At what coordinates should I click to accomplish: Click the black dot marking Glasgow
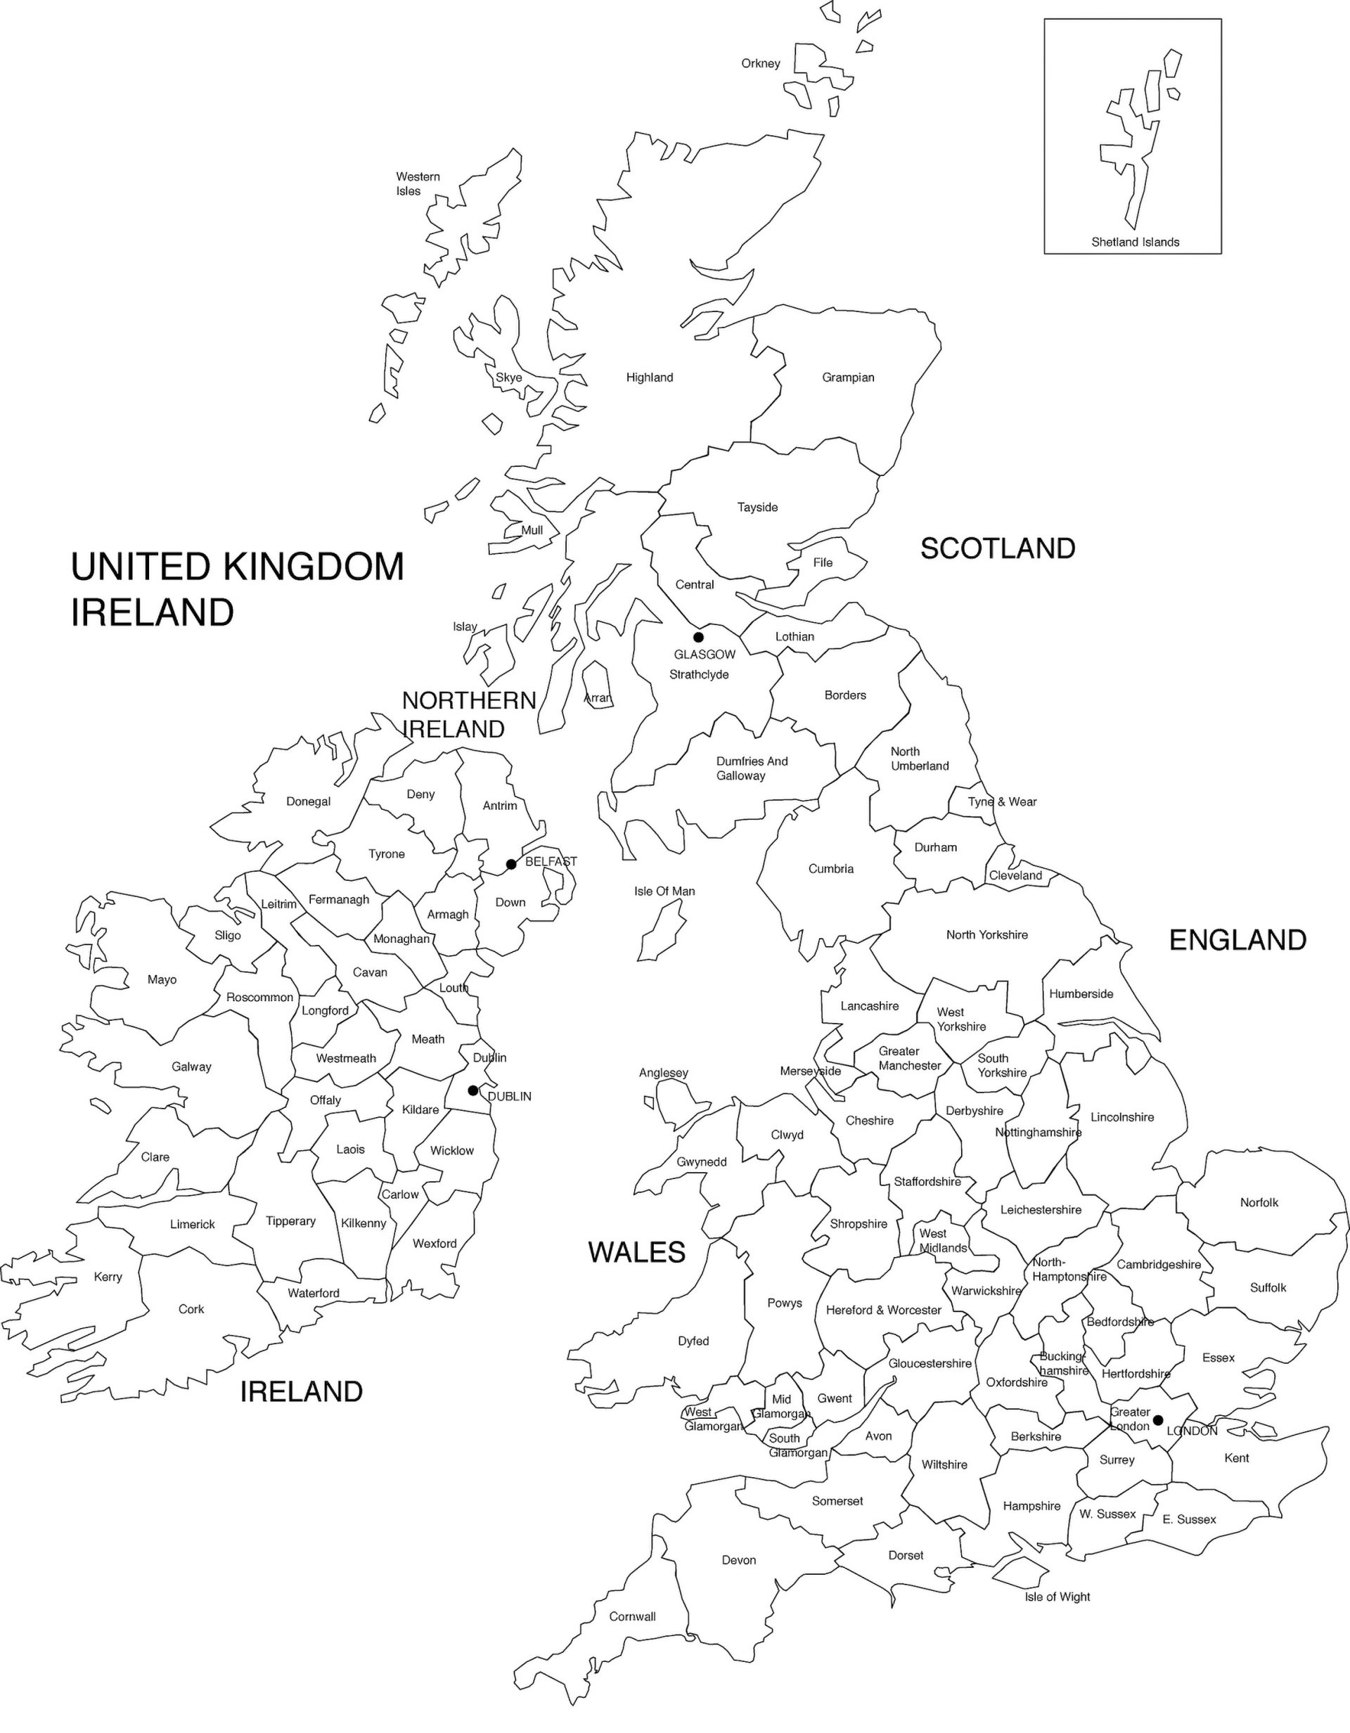click(698, 637)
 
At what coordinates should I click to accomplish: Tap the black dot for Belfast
click(511, 864)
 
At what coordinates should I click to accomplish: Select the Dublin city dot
click(473, 1090)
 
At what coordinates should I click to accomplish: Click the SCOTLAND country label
click(998, 548)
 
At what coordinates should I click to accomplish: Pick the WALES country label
click(636, 1252)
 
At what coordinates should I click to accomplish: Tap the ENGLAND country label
click(1237, 940)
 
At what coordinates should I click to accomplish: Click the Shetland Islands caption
click(1135, 242)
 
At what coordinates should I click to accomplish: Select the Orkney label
click(760, 63)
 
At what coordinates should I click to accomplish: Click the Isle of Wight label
click(1057, 1597)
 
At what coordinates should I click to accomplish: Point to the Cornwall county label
click(633, 1616)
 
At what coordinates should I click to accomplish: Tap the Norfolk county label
click(1259, 1202)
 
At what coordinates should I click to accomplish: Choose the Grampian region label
click(848, 378)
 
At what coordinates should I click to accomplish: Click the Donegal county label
click(308, 801)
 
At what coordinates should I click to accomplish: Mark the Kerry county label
click(108, 1277)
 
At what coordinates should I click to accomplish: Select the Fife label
click(822, 562)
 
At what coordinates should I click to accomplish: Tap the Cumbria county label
click(831, 869)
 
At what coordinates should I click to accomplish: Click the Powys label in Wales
click(784, 1303)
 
